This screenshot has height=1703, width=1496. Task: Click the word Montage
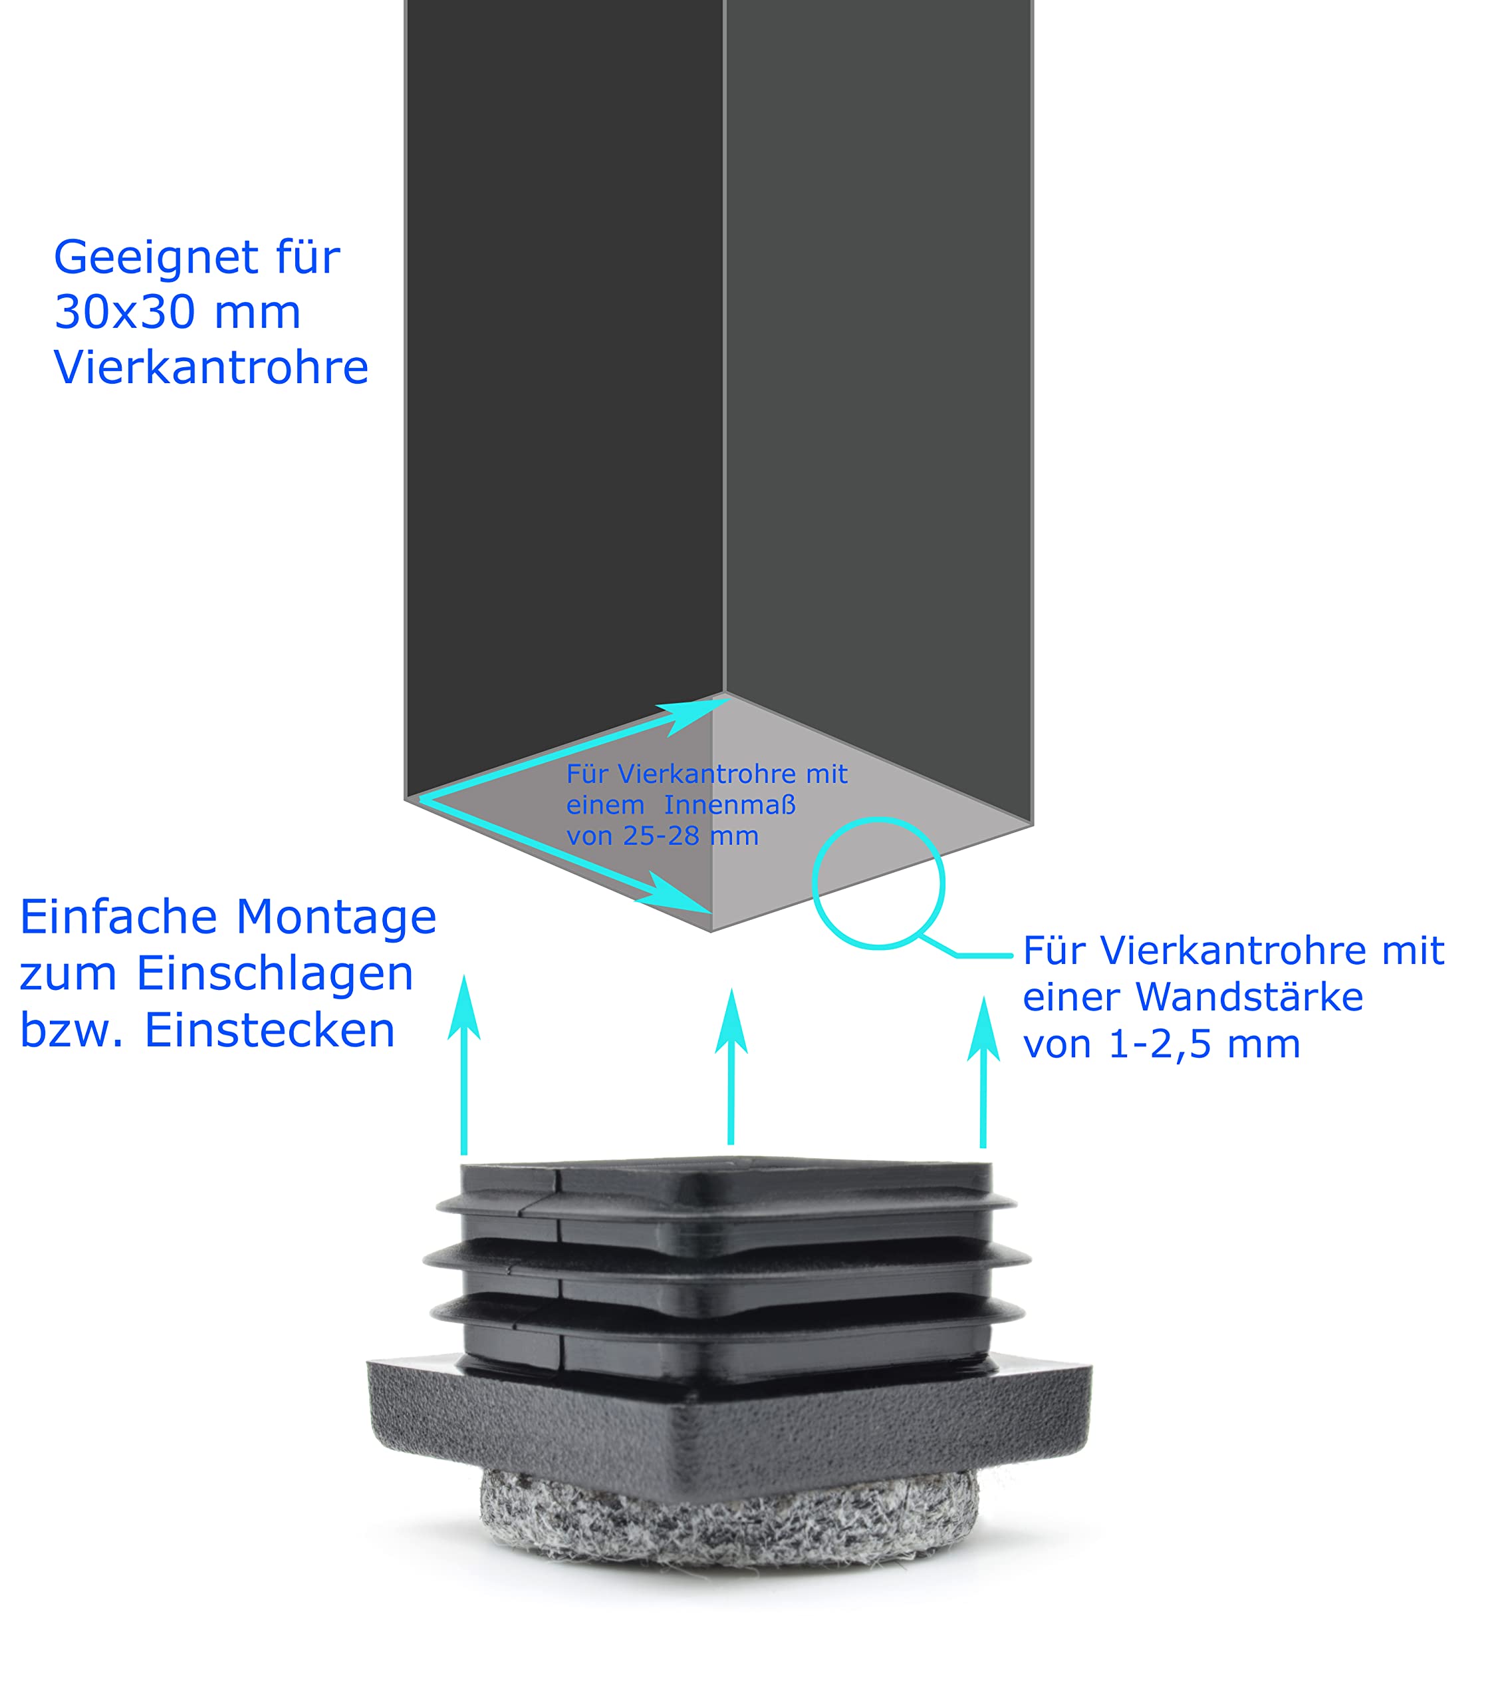point(336,917)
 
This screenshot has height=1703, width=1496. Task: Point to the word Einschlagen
point(275,973)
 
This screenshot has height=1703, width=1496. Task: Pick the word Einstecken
point(270,1030)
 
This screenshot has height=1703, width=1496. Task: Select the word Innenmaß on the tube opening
point(729,806)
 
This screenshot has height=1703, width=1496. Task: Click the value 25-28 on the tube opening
point(662,836)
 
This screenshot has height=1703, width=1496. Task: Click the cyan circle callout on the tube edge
point(878,884)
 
